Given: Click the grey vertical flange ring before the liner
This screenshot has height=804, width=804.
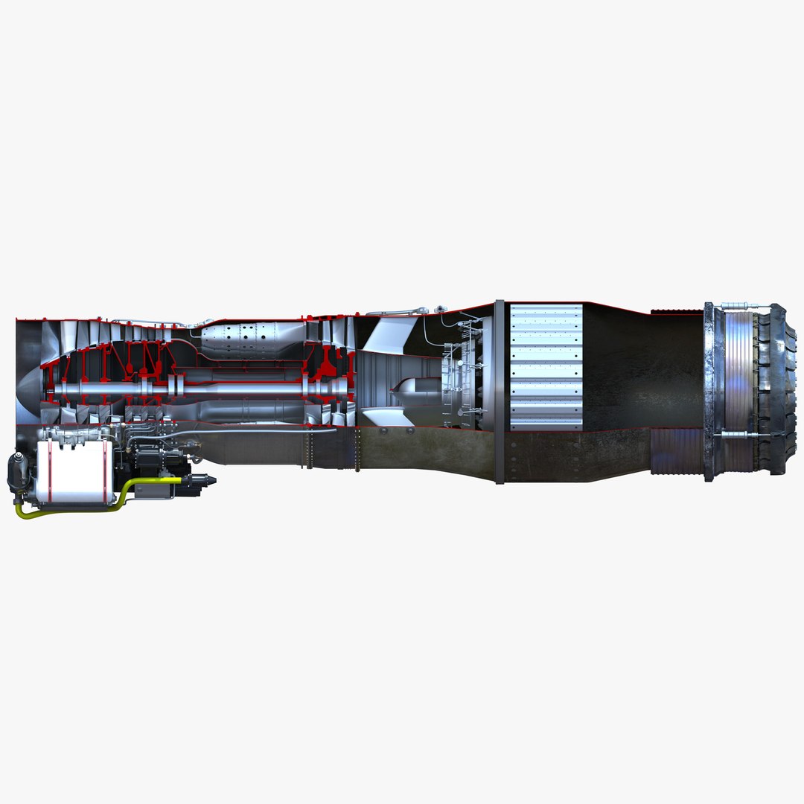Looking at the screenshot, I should point(499,391).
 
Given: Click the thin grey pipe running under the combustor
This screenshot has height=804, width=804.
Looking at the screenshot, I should point(246,430).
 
